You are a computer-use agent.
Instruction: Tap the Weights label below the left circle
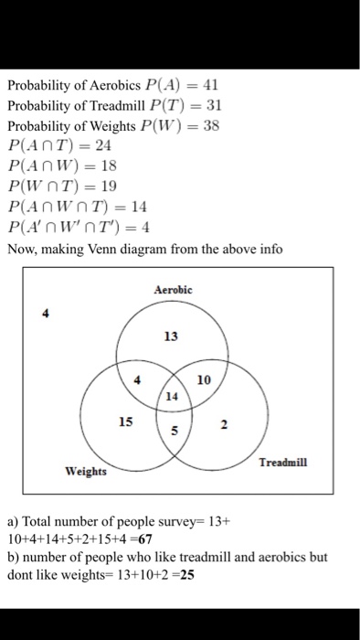(84, 472)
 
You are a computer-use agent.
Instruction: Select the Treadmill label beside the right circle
(284, 463)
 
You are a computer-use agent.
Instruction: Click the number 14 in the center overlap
(173, 398)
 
